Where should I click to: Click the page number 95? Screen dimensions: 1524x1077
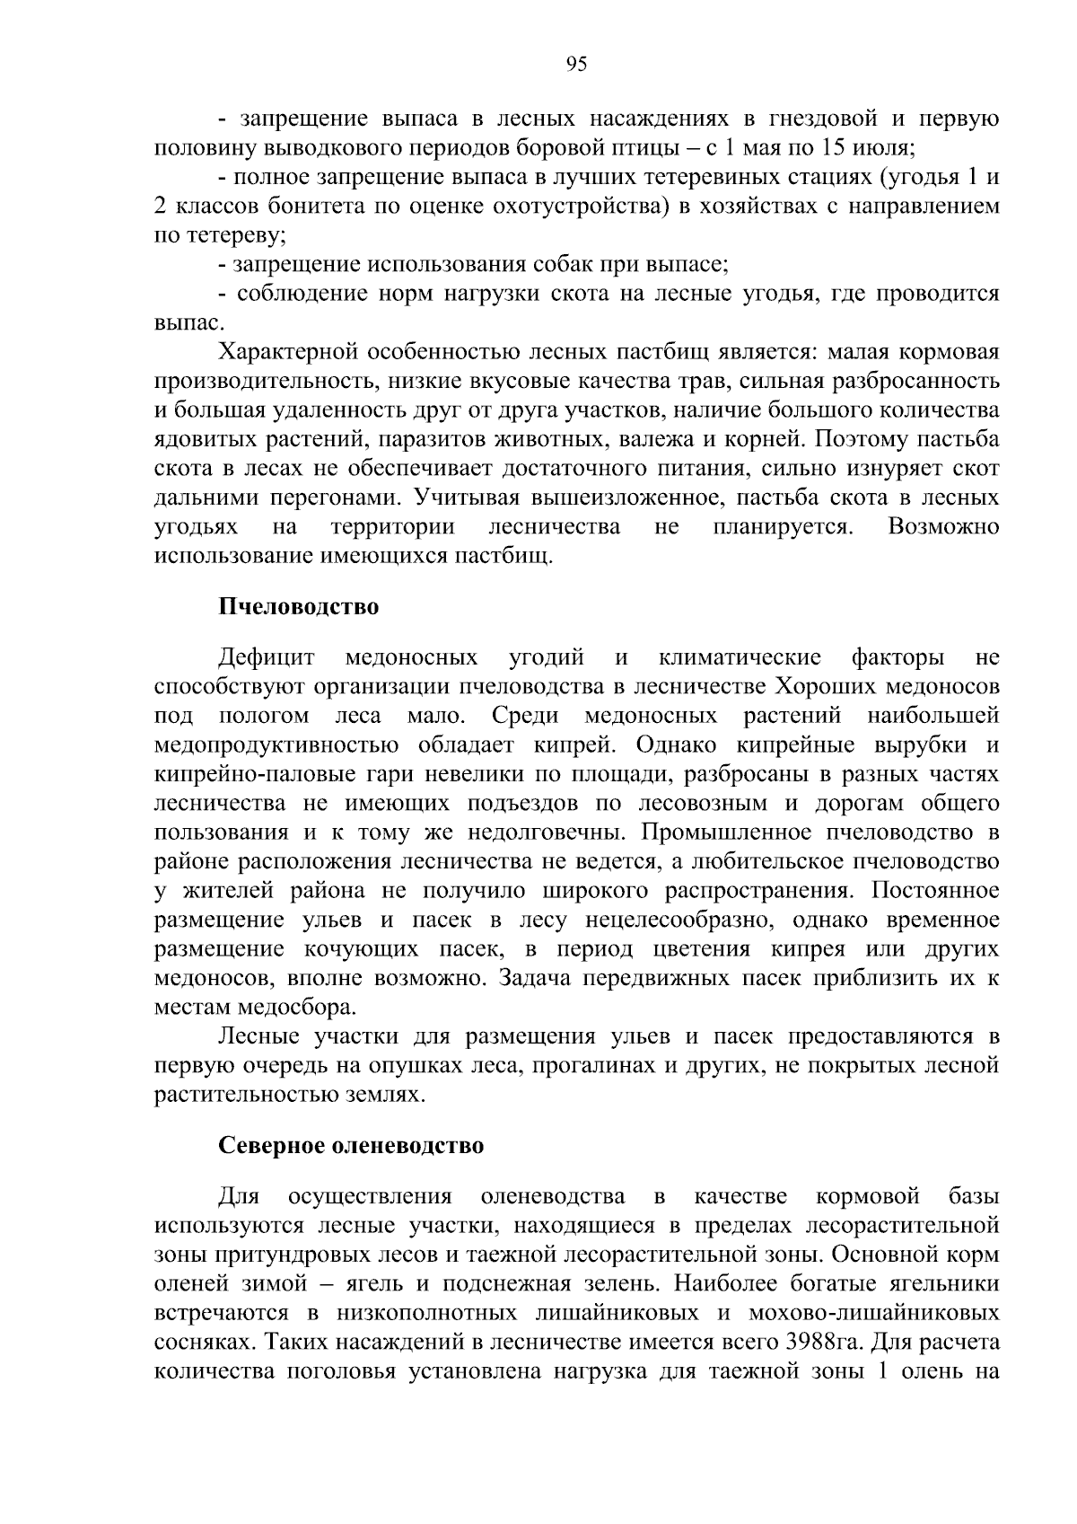tap(576, 64)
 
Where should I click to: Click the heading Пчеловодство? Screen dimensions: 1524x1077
tap(299, 606)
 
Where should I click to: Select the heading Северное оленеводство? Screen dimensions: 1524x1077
tap(351, 1146)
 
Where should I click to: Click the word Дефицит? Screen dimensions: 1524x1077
tap(266, 658)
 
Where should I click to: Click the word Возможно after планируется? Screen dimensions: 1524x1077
tap(943, 526)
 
